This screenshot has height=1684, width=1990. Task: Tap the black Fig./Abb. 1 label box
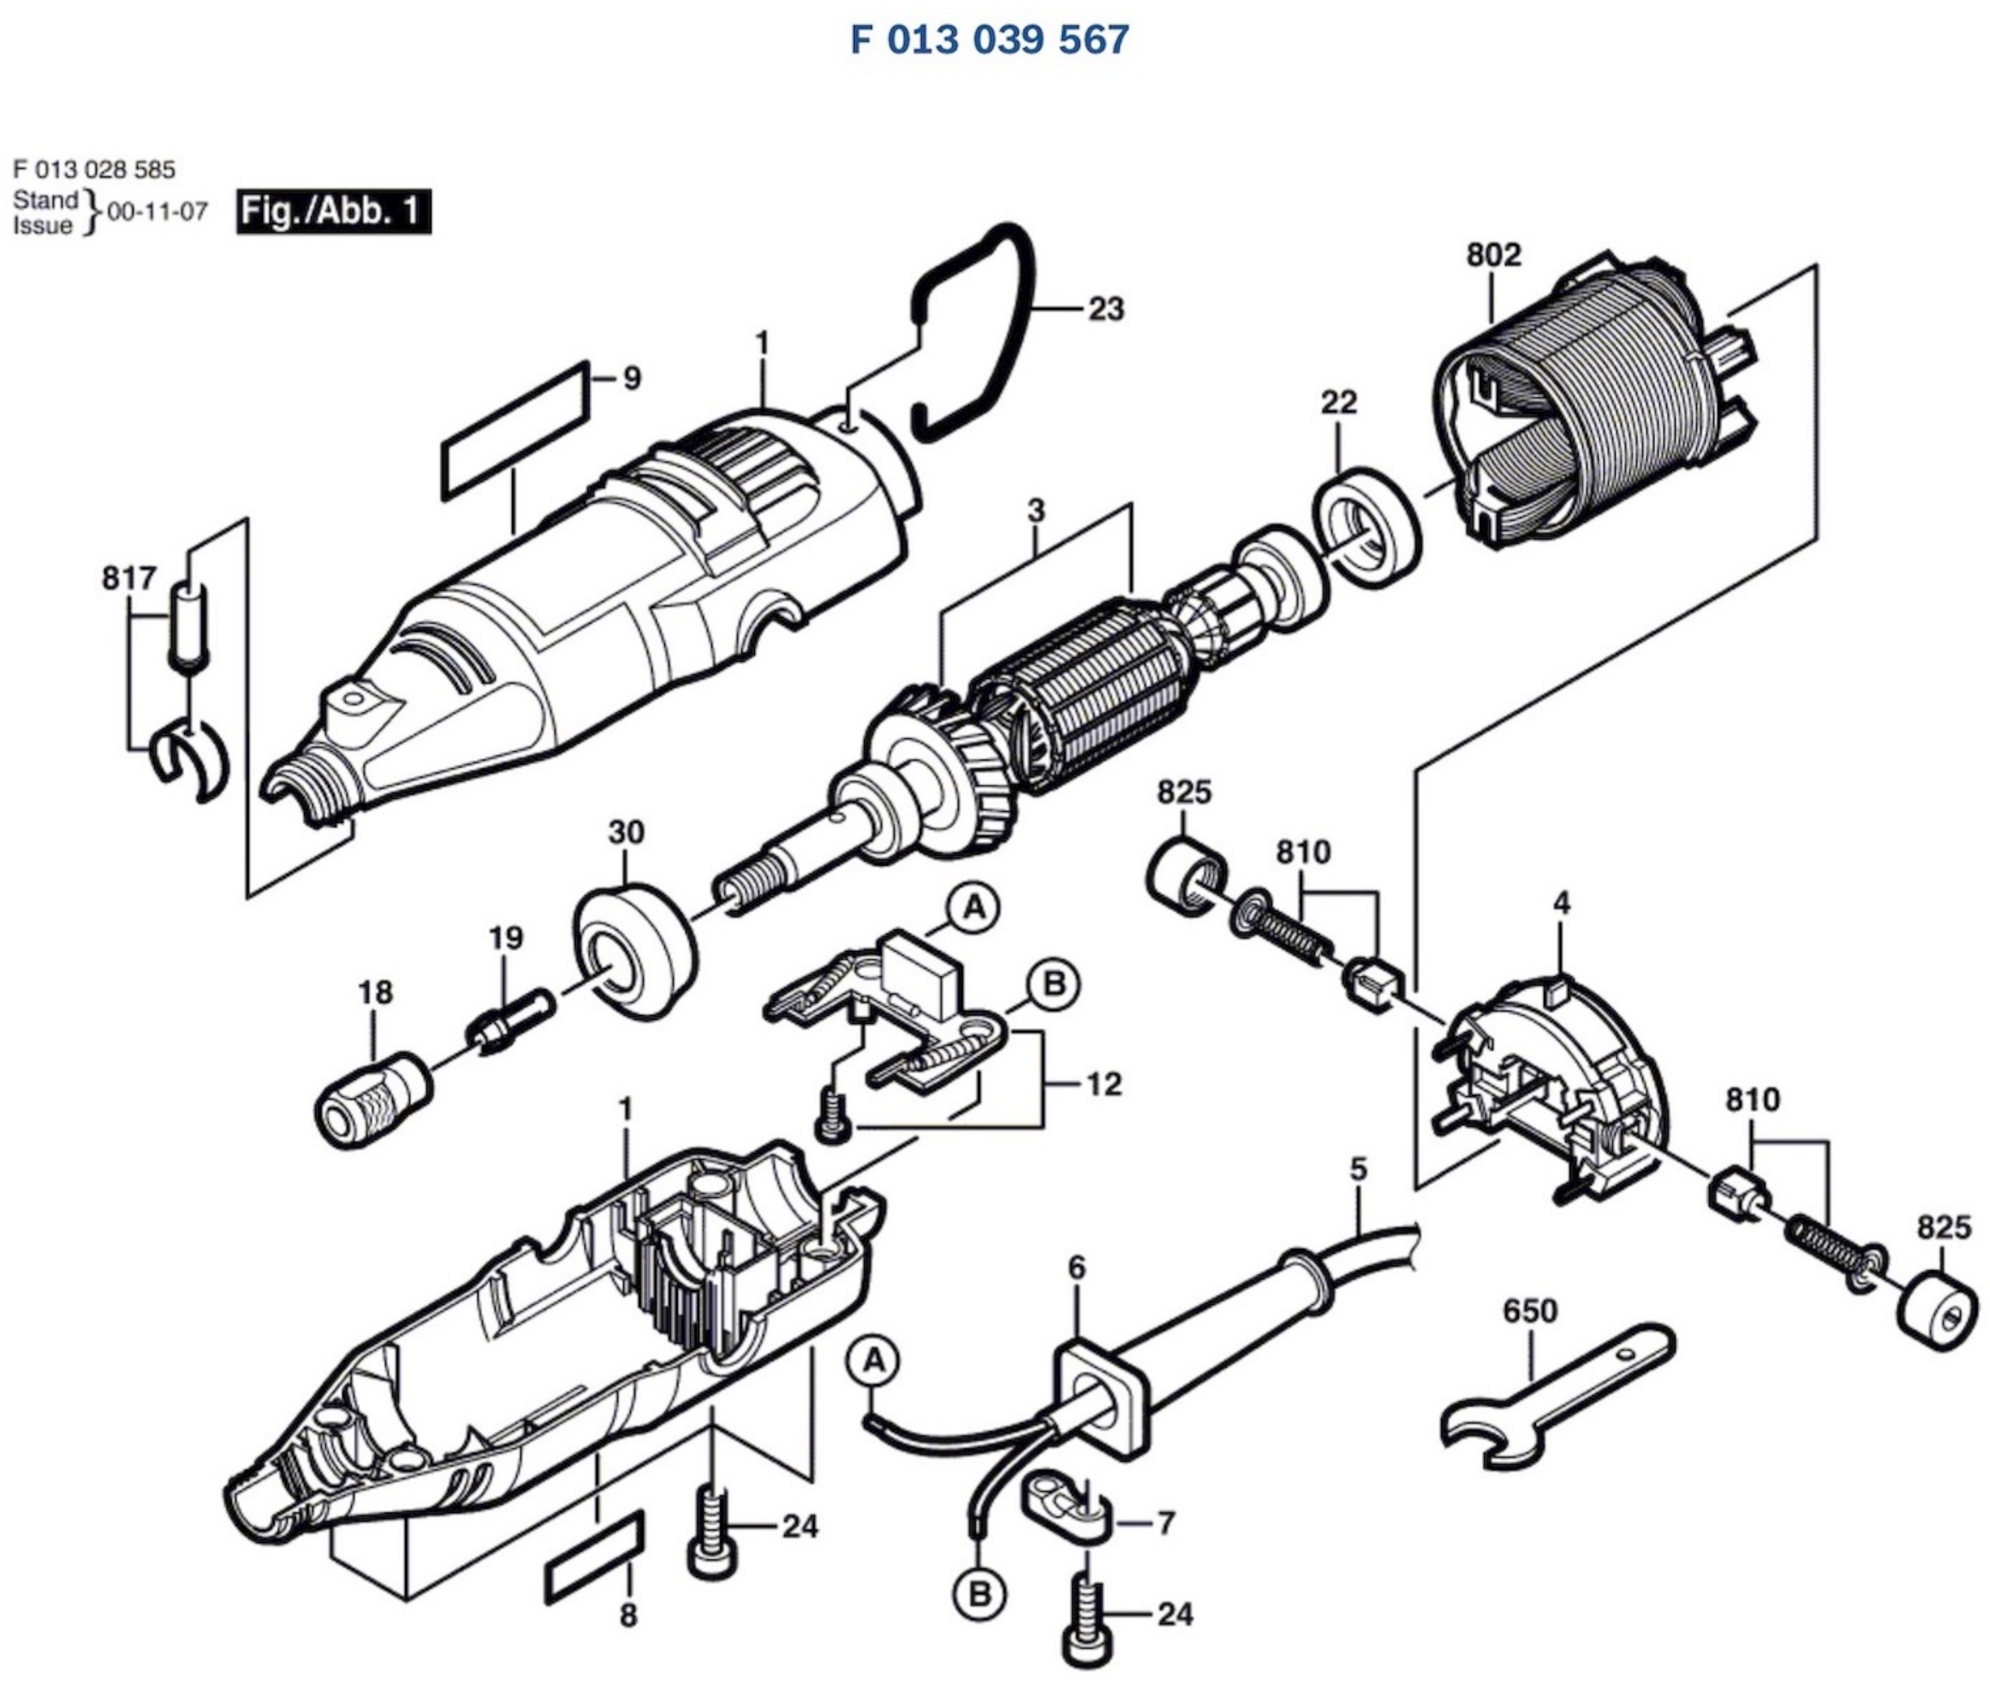(x=333, y=211)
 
